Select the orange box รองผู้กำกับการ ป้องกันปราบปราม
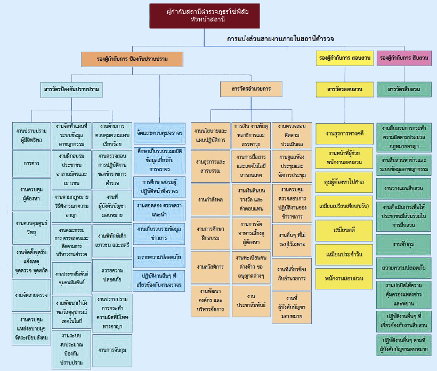pyautogui.click(x=132, y=59)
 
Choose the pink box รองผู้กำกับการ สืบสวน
pyautogui.click(x=404, y=58)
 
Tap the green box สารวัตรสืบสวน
pyautogui.click(x=404, y=89)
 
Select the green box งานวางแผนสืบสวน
pyautogui.click(x=404, y=189)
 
